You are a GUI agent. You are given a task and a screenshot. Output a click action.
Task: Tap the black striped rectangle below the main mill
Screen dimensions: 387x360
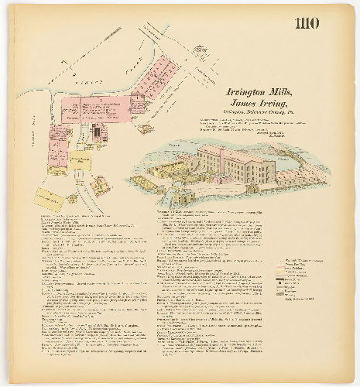(97, 132)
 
